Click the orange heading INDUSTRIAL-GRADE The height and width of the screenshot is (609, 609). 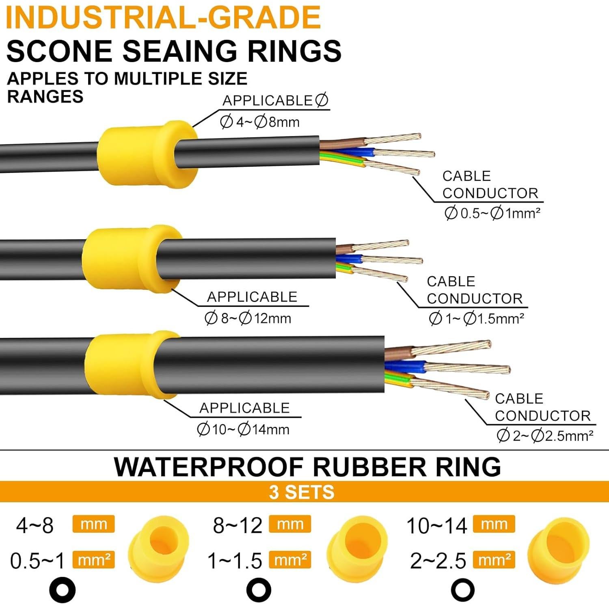click(163, 17)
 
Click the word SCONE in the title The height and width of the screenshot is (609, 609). click(59, 51)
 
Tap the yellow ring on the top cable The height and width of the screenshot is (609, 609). click(147, 154)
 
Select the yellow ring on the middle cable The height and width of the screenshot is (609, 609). click(132, 259)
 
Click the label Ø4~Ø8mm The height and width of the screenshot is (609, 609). click(260, 122)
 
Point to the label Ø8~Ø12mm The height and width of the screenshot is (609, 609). click(248, 318)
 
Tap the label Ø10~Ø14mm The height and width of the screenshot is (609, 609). click(243, 429)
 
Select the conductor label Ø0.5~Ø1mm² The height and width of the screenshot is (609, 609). click(492, 213)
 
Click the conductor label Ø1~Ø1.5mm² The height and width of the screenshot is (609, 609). click(477, 319)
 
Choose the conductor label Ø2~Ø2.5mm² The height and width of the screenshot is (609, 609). click(545, 436)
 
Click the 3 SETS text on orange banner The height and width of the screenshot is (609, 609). click(302, 492)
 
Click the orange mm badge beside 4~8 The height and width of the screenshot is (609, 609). click(93, 524)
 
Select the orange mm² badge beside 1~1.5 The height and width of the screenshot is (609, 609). click(290, 560)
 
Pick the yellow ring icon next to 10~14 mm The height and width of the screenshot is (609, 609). click(559, 546)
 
